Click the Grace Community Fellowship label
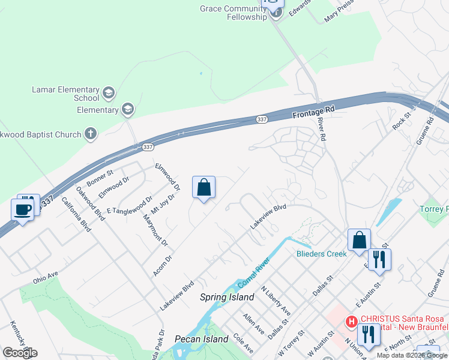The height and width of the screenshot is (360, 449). [x=233, y=13]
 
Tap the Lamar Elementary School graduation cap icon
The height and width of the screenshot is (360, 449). [x=109, y=92]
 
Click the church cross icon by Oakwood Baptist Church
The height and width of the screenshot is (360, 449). [x=90, y=133]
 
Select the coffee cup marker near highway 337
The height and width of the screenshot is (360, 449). [x=23, y=210]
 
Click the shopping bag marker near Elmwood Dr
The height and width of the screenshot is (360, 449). [x=204, y=187]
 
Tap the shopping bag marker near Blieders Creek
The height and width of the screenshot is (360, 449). [x=359, y=239]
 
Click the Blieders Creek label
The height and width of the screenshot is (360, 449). [x=322, y=254]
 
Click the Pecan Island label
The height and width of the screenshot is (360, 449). [x=202, y=339]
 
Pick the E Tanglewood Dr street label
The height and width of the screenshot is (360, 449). [x=129, y=204]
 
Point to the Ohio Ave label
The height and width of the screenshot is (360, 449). [x=46, y=275]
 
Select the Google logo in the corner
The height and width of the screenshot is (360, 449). [x=20, y=353]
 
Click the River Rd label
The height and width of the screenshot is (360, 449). [x=322, y=128]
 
